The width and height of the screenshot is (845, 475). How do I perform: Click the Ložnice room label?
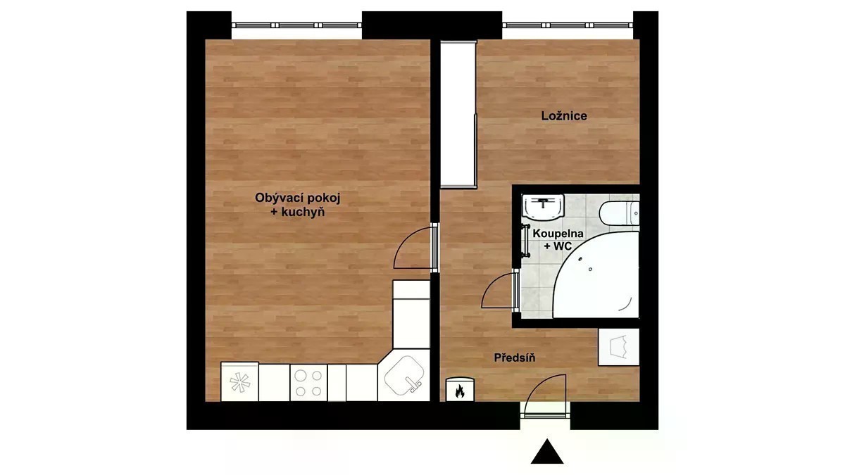pos(564,115)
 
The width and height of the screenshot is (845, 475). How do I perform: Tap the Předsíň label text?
pos(515,357)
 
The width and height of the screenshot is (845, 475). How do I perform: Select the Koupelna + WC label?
pos(558,240)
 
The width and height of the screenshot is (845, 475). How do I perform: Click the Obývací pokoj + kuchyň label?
pos(298,205)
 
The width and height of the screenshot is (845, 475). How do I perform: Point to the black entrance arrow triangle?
pos(547,452)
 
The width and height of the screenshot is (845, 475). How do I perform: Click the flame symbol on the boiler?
pos(459,391)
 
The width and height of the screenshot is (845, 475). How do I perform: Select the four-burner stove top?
pos(308,383)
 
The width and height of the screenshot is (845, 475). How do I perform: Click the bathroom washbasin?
pos(543,207)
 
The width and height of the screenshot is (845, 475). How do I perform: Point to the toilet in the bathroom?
pos(619,213)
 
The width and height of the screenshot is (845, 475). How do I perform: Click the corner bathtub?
pos(596,275)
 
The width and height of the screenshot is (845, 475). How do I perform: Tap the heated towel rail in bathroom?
pos(525,241)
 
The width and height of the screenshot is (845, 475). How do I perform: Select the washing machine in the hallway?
pos(619,347)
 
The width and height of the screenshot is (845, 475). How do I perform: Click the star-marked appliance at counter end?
pos(240,382)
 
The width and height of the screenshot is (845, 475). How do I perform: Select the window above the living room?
pos(296,25)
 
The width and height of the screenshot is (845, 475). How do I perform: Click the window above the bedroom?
pos(568,25)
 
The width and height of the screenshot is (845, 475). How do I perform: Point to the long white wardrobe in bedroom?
pos(458,114)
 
